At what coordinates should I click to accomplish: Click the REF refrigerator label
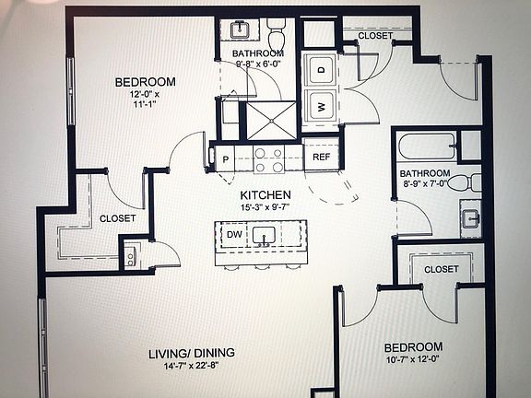[321, 157]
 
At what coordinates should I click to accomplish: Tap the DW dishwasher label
[234, 234]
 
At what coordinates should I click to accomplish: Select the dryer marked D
[320, 70]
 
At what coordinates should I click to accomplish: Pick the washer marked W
[320, 106]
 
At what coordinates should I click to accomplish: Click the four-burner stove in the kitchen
[269, 159]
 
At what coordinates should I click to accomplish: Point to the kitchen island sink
[264, 236]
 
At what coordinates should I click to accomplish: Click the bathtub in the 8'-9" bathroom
[427, 146]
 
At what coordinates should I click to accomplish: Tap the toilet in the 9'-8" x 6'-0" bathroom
[277, 33]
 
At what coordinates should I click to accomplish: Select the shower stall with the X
[271, 120]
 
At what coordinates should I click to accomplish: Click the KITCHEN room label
[265, 195]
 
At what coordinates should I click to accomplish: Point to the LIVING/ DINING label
[192, 354]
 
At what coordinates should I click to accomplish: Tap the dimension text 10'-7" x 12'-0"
[412, 359]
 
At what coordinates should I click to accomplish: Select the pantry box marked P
[225, 158]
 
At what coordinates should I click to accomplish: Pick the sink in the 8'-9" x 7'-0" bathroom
[471, 218]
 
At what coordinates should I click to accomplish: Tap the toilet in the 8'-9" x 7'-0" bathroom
[465, 182]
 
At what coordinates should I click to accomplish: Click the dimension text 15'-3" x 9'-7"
[265, 207]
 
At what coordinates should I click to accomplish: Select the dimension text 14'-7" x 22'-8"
[192, 366]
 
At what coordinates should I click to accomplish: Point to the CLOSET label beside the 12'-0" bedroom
[117, 218]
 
